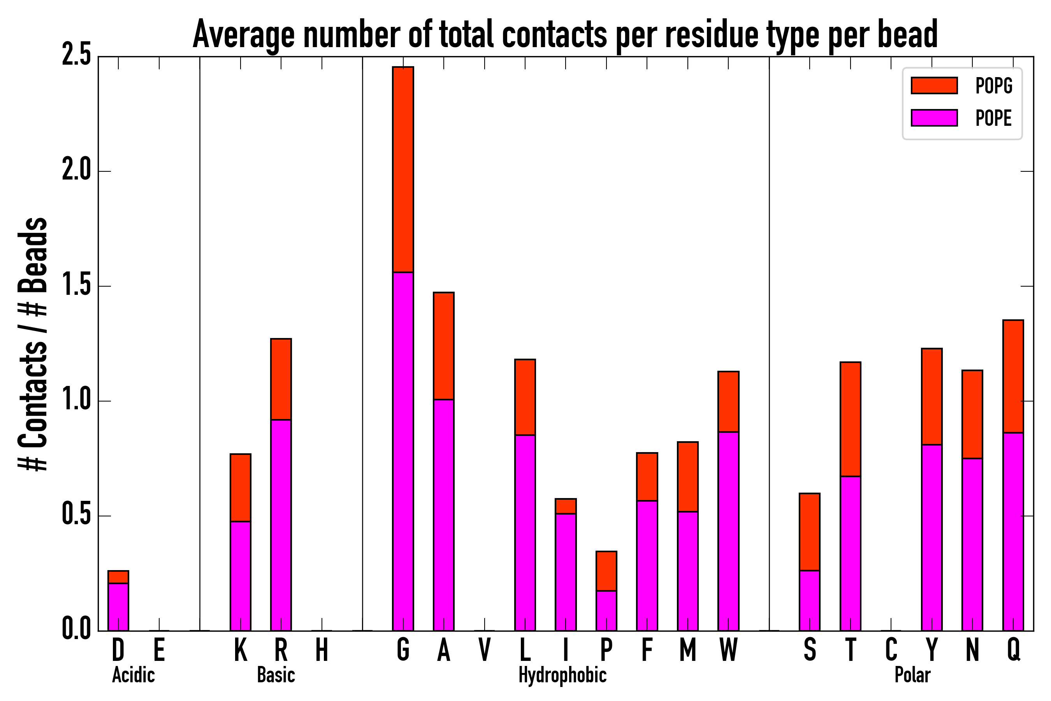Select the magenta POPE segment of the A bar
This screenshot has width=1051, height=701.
pos(443,514)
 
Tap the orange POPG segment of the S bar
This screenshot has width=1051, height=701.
pos(809,532)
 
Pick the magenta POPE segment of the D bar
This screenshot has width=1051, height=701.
pos(118,607)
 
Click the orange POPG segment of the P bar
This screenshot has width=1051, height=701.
pos(606,571)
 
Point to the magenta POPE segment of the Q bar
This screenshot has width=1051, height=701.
pos(1013,532)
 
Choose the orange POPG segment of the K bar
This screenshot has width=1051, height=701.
pos(241,487)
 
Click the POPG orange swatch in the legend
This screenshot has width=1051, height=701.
pos(934,85)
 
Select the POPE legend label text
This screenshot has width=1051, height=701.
pos(993,118)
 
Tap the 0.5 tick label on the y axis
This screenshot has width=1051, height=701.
pos(76,516)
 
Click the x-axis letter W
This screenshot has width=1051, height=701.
pos(728,650)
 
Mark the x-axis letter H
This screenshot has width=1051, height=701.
pos(322,650)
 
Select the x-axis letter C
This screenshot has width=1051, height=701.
pos(891,650)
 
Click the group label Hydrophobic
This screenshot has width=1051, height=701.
pos(562,675)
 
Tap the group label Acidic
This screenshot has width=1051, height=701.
pos(133,675)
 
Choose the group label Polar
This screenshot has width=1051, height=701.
pos(912,675)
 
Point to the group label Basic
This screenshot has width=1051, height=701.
pos(276,675)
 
